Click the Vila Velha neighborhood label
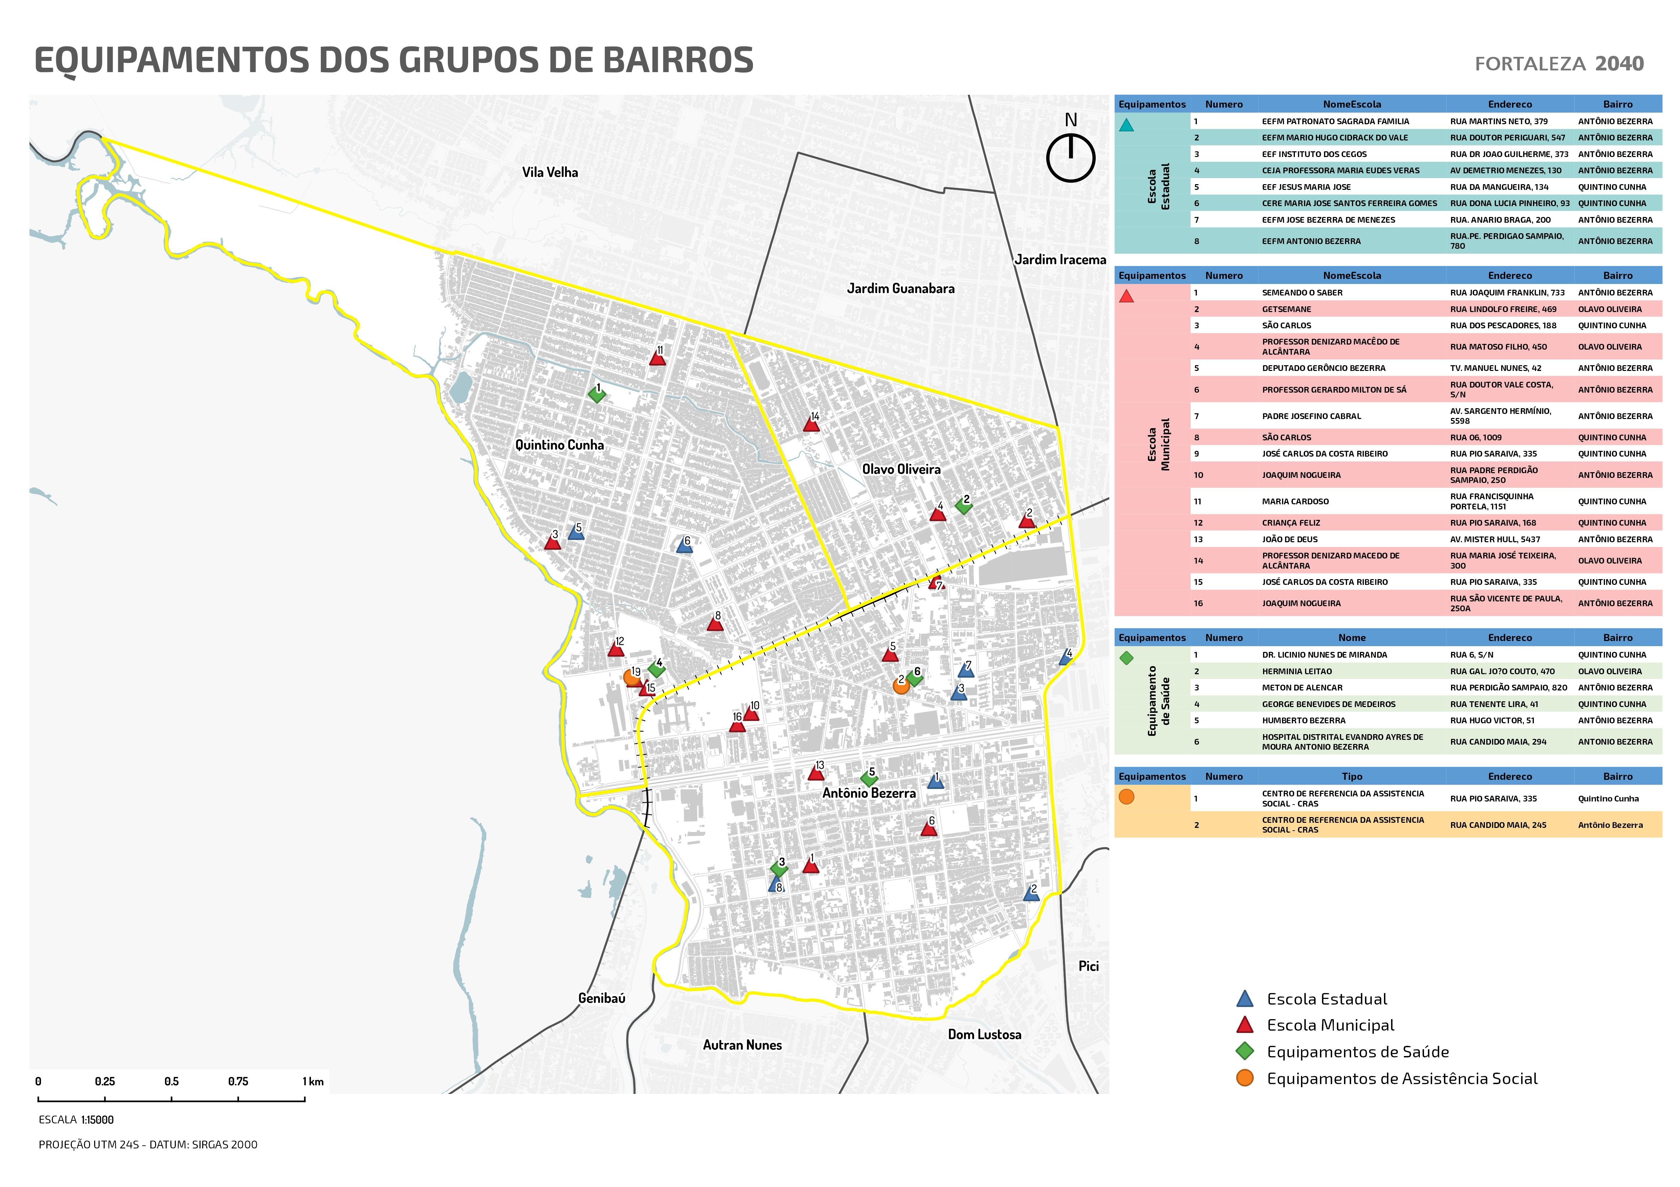[549, 173]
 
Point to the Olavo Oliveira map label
[901, 469]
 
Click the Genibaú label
[602, 998]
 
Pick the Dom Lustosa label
[984, 1034]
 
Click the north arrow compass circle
[1070, 158]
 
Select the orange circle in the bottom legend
[1245, 1078]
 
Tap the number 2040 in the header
[1619, 64]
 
